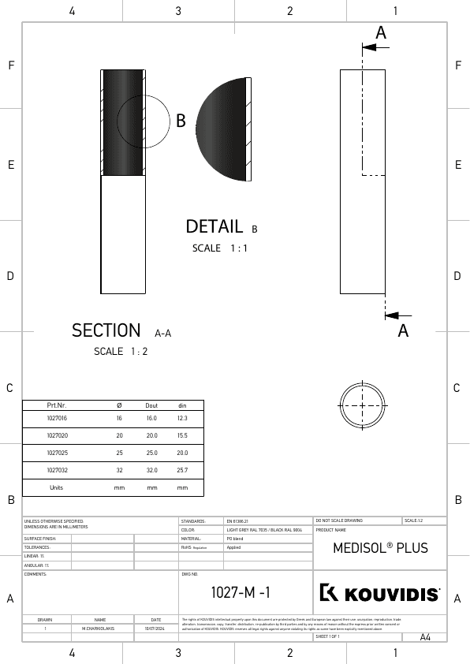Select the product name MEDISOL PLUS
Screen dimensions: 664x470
click(380, 547)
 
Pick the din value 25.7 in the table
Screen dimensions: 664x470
click(182, 470)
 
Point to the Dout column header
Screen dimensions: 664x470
click(151, 405)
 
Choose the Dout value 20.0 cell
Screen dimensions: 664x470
click(151, 435)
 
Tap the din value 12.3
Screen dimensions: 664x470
click(182, 418)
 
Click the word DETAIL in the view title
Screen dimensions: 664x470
click(214, 227)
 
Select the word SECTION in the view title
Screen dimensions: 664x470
click(106, 331)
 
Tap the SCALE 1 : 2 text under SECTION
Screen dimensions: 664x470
click(121, 352)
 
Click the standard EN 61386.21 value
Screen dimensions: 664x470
click(237, 521)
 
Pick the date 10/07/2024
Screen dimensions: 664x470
click(155, 629)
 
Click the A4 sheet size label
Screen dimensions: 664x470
click(425, 637)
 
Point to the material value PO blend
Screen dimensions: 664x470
click(234, 539)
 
